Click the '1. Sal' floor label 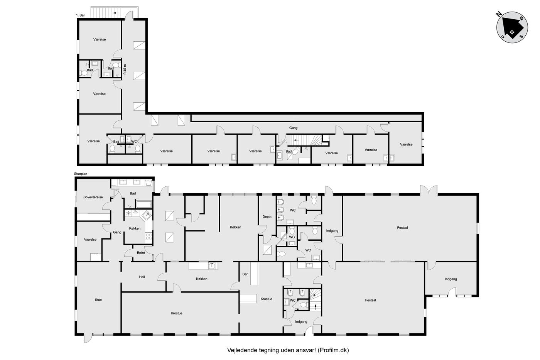[x=80, y=15]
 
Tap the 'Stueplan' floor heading [x=81, y=174]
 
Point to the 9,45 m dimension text [x=125, y=69]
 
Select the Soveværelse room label [x=93, y=197]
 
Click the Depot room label [x=267, y=217]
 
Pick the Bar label [x=245, y=274]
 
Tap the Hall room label [x=142, y=277]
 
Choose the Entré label [x=141, y=253]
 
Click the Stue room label [x=98, y=300]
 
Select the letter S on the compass [x=521, y=36]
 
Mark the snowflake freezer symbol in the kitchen [x=128, y=213]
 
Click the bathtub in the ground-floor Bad [x=144, y=205]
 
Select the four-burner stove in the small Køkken [x=149, y=236]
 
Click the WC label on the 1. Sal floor [x=134, y=142]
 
